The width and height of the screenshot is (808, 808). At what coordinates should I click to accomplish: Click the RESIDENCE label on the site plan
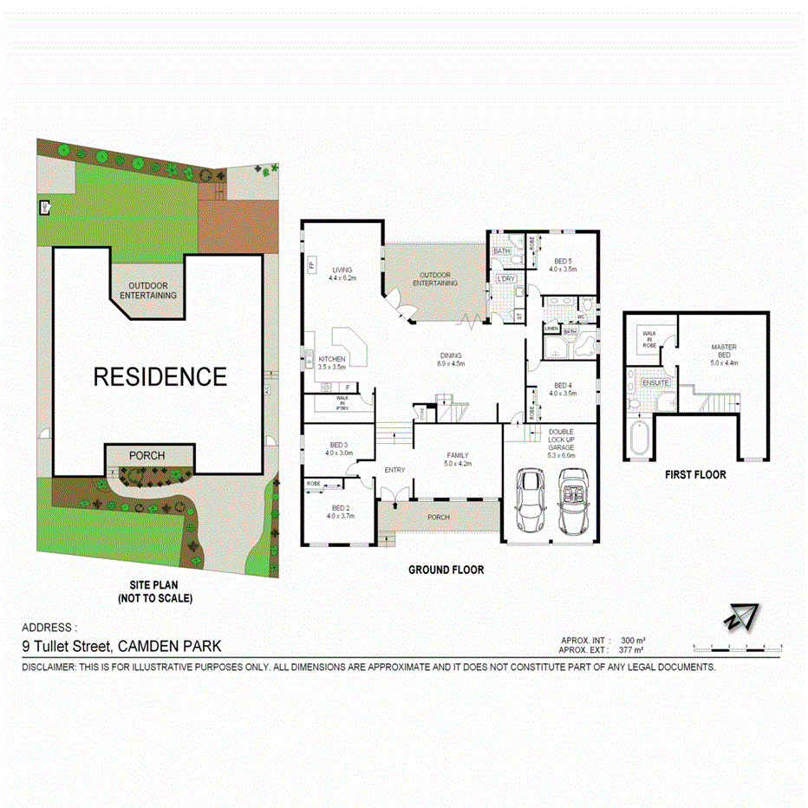(x=160, y=377)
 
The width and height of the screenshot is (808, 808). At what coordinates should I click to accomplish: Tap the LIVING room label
(x=337, y=268)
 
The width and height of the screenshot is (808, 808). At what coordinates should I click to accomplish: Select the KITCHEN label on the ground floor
(x=331, y=359)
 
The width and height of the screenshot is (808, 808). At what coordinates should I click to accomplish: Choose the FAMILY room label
(x=457, y=455)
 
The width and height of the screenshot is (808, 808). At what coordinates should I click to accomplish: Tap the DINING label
(x=450, y=355)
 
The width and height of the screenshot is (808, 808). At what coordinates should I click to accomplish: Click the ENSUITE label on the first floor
(x=655, y=382)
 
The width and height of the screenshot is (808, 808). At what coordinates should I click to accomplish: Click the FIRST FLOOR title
(x=695, y=475)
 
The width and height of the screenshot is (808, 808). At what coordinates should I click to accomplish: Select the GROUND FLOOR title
(x=446, y=570)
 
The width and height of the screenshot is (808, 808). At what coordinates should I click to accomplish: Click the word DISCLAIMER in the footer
(x=49, y=668)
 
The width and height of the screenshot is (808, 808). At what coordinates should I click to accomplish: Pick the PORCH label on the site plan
(x=147, y=455)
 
